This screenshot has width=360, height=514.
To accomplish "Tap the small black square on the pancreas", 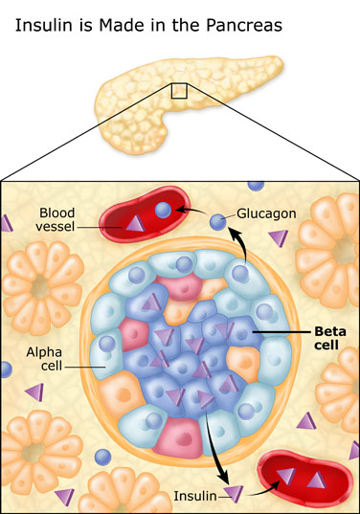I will coord(178,90).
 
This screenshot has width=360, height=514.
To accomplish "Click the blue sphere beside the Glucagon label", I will coord(219,222).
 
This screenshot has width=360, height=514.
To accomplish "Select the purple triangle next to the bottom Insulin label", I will coord(233,494).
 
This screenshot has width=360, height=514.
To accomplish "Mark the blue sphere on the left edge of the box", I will coord(6,368).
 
